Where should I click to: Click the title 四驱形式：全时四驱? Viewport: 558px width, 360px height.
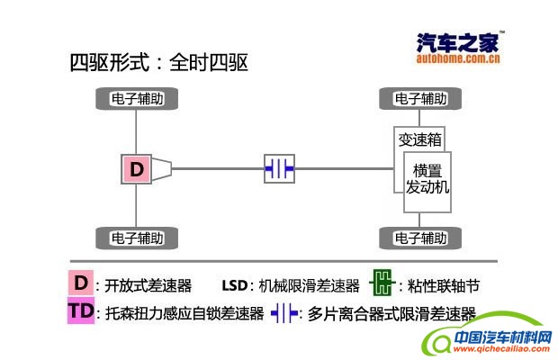pos(158,63)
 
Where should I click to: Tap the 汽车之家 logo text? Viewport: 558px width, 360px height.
pos(458,41)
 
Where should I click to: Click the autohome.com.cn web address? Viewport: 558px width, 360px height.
pos(458,59)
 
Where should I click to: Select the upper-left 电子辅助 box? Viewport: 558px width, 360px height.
pos(137,97)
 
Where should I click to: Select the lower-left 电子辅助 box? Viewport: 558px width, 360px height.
pos(137,238)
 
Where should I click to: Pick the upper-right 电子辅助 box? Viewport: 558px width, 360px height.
pos(420,97)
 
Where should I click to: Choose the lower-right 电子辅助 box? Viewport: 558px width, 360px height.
pos(420,238)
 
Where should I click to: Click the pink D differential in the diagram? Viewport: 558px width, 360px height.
pos(137,168)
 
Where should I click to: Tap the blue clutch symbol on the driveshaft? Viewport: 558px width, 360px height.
pos(279,168)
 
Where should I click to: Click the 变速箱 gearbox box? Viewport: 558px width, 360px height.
pos(420,139)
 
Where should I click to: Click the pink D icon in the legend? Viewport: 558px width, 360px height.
pos(81,283)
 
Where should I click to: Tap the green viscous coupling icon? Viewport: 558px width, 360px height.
pos(382,284)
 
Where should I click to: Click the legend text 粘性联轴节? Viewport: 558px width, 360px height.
pos(439,286)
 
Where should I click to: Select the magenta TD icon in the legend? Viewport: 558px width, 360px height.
pos(81,311)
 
